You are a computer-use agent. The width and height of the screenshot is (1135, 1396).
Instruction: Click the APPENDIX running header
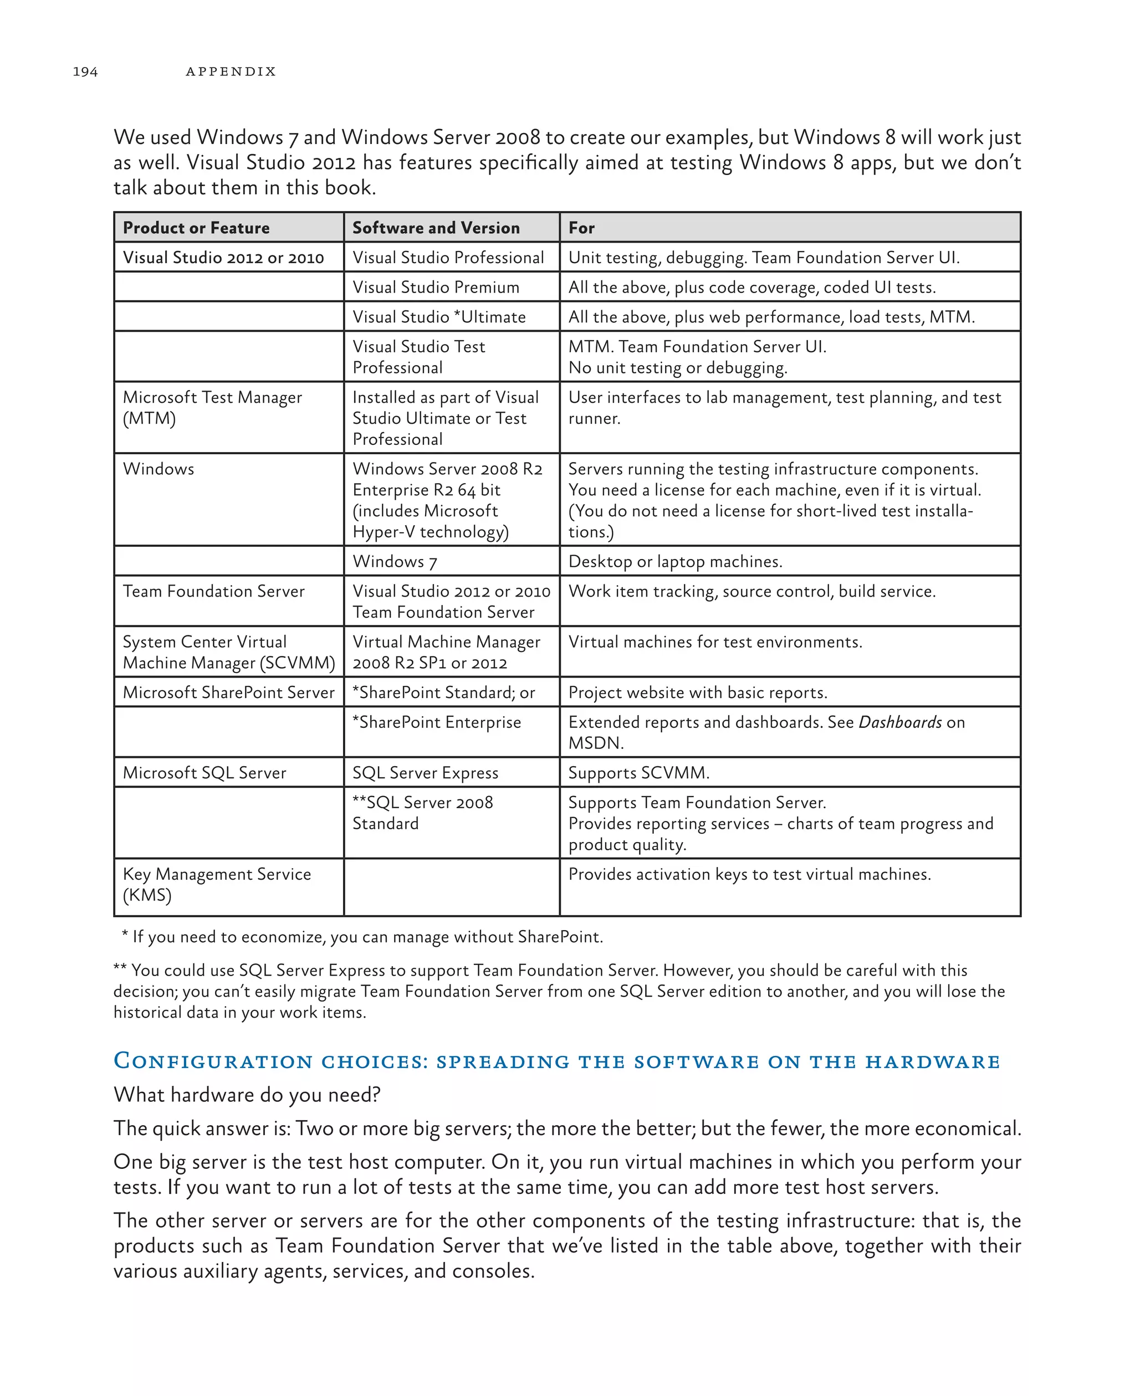click(231, 72)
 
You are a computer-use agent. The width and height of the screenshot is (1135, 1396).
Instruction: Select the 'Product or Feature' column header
click(196, 228)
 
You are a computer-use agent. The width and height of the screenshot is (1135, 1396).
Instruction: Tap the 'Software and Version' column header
click(436, 228)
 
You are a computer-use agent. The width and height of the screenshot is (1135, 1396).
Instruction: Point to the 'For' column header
click(581, 228)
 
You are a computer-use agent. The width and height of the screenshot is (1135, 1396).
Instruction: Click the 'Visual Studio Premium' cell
click(436, 288)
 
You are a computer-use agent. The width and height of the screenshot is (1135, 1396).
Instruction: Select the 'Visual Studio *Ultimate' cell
click(439, 317)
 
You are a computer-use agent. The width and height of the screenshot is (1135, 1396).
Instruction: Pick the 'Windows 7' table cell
click(395, 561)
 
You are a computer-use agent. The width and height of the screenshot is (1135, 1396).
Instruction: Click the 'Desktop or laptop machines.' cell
click(676, 561)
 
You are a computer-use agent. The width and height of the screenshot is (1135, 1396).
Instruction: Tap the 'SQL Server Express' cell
click(426, 773)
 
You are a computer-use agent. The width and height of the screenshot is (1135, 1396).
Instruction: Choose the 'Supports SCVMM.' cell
click(639, 773)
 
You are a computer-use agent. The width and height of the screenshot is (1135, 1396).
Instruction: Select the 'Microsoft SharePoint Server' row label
click(229, 693)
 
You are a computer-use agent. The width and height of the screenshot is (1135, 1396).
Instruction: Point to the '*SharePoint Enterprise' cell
click(437, 723)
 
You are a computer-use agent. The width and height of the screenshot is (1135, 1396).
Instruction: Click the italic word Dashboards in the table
click(900, 723)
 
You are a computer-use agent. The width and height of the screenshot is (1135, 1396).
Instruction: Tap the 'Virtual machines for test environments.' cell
click(715, 643)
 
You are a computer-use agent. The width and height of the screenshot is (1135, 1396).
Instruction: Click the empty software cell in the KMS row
click(451, 887)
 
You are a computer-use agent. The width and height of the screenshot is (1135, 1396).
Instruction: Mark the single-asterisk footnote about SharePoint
click(363, 937)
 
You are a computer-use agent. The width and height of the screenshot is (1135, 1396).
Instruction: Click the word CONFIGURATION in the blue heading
click(213, 1061)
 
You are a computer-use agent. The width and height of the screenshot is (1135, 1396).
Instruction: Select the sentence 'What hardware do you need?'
click(247, 1095)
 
